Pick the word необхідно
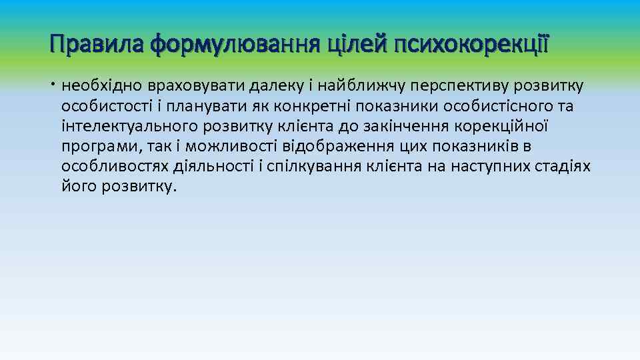[x=101, y=86]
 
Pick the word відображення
[x=337, y=146]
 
